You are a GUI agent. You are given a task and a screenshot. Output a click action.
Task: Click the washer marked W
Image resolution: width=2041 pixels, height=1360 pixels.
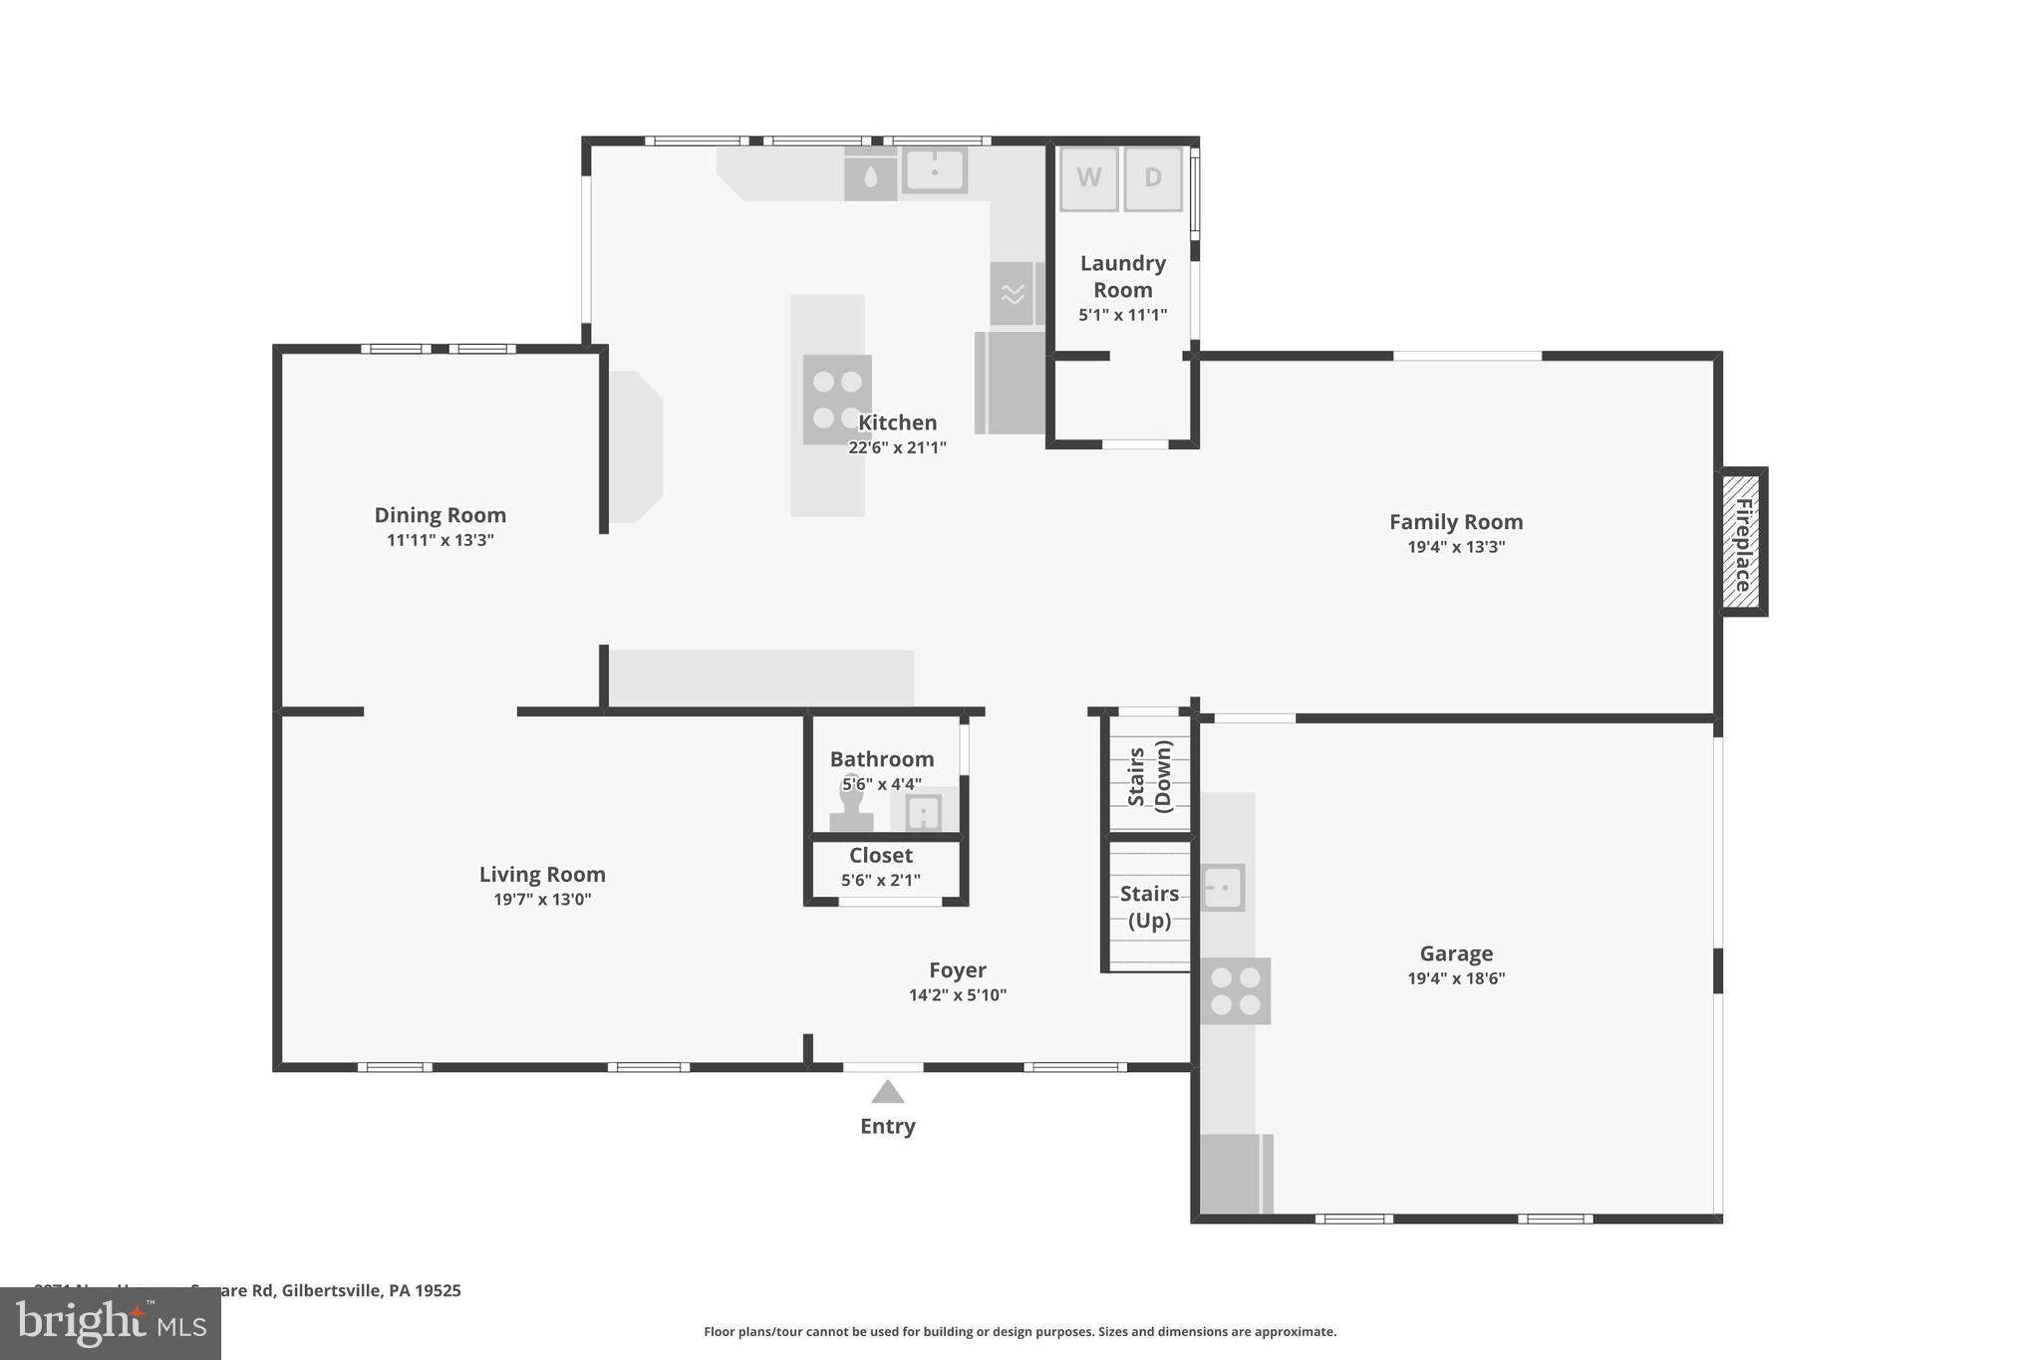[x=1088, y=178]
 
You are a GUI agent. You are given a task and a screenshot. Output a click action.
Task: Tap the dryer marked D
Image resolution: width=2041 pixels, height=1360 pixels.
[x=1153, y=178]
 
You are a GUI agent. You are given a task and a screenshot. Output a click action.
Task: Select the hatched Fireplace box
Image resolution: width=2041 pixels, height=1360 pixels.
[x=1742, y=542]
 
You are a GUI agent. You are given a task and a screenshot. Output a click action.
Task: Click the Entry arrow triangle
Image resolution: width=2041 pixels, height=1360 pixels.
[x=887, y=1093]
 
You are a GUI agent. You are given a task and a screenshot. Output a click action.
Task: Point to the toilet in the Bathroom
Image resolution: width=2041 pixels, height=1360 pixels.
[x=851, y=803]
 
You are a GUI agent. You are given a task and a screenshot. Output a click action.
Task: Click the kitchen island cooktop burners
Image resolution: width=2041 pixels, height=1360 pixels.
[x=837, y=400]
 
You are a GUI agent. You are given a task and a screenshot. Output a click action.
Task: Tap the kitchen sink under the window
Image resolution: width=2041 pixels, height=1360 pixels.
[x=935, y=170]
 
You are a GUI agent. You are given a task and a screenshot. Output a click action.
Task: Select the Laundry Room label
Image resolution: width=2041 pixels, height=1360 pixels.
[x=1123, y=276]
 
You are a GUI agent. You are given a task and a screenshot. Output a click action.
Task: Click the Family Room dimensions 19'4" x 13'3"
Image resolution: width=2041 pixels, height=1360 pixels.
[x=1456, y=547]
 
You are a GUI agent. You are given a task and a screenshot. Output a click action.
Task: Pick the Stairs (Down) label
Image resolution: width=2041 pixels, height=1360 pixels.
[x=1150, y=775]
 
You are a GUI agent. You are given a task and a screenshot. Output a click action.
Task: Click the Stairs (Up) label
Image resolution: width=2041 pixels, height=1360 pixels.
[x=1149, y=907]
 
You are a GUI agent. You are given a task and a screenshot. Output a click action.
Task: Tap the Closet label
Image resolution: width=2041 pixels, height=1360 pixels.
[x=881, y=855]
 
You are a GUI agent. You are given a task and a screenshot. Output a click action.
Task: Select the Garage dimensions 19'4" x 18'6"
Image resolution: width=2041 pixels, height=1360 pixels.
[x=1456, y=978]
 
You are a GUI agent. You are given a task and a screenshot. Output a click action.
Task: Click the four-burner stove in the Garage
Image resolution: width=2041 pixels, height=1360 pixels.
[x=1235, y=991]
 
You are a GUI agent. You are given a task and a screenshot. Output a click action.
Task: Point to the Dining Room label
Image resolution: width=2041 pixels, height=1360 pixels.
[x=440, y=515]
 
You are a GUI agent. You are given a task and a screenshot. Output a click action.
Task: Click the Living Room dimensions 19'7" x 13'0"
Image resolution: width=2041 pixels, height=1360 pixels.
[x=542, y=900]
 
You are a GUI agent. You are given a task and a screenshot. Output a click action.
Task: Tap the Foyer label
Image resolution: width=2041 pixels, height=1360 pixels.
[x=957, y=969]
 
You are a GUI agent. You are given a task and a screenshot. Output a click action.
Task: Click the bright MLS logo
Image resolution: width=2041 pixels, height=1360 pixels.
[x=111, y=1323]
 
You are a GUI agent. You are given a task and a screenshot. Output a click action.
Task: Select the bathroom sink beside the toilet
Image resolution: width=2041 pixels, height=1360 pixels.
[x=924, y=812]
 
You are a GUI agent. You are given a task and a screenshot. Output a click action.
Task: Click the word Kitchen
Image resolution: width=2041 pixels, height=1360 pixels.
[x=898, y=422]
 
